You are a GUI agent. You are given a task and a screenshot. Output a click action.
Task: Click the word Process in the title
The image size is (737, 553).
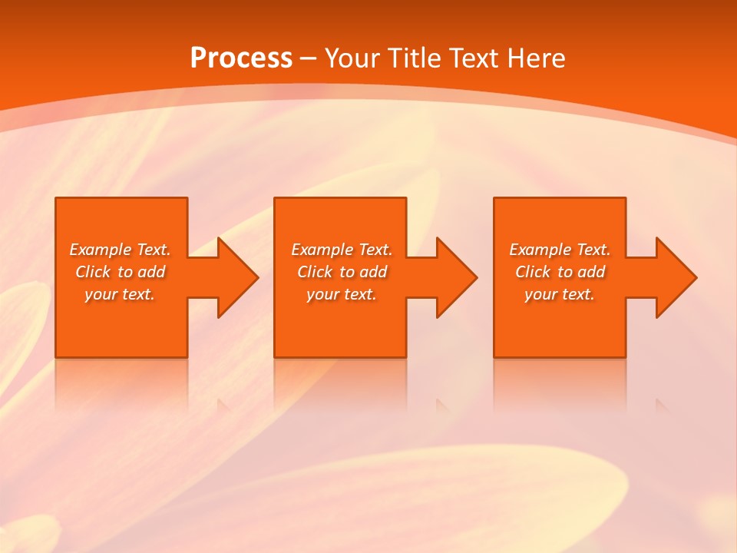241,58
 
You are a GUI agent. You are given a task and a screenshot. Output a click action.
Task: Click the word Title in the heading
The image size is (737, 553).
411,58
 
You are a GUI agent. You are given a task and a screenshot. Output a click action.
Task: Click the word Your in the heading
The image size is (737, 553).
352,58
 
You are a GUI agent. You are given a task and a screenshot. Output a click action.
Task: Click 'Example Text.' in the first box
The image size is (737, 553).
120,250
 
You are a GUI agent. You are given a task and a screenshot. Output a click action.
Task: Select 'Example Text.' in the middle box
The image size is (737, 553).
342,250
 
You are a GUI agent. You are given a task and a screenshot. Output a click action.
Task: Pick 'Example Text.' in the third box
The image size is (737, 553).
560,250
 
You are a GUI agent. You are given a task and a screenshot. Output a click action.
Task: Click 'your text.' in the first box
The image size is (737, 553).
120,294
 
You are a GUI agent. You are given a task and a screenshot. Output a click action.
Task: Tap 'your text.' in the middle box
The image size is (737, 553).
342,294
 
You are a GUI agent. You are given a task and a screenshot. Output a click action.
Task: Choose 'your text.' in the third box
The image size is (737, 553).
560,294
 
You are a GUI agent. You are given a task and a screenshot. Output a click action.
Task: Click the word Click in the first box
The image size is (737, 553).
93,272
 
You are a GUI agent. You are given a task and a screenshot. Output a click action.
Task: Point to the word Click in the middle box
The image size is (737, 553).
315,272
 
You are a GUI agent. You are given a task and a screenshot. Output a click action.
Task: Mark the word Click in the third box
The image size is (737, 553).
533,272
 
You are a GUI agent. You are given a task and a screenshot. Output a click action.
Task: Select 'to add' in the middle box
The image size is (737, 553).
363,272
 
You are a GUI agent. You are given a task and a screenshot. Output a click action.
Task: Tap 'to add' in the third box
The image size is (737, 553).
581,272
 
